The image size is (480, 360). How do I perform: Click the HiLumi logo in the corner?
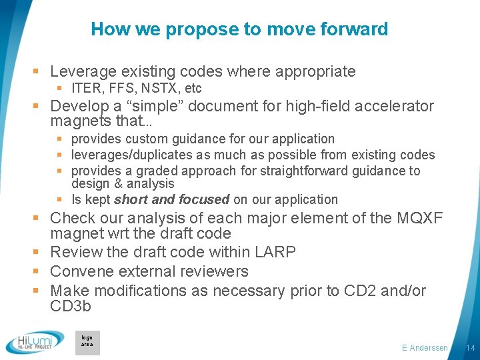pyautogui.click(x=35, y=343)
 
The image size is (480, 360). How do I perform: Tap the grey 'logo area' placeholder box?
pyautogui.click(x=87, y=342)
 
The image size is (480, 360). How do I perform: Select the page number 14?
pyautogui.click(x=470, y=348)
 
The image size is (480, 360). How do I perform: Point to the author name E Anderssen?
pyautogui.click(x=425, y=348)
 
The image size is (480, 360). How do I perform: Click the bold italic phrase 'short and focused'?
pyautogui.click(x=171, y=199)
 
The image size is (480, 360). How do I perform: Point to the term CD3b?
pyautogui.click(x=70, y=307)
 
